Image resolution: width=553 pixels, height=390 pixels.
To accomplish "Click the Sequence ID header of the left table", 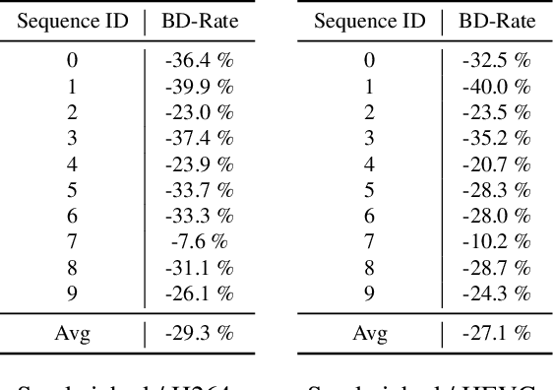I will [x=72, y=20].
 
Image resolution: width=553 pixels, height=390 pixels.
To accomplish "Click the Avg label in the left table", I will [x=72, y=333].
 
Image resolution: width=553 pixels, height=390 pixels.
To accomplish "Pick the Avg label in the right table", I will [x=369, y=333].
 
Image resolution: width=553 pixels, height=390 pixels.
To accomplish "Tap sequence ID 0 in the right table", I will [x=369, y=61].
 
